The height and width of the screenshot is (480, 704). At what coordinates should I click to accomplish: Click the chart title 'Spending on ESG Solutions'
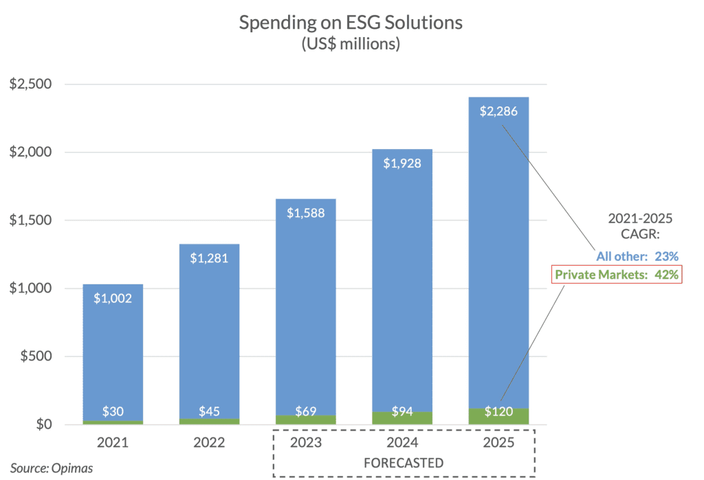click(351, 23)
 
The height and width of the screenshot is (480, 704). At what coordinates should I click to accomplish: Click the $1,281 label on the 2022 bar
click(209, 258)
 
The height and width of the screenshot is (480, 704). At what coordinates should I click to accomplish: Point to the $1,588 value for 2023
click(305, 212)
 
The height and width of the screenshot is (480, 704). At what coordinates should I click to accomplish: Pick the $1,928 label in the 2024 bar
click(402, 163)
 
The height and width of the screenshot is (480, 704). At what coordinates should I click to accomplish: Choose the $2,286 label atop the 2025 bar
click(498, 111)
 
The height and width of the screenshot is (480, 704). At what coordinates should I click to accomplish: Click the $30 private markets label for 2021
click(113, 412)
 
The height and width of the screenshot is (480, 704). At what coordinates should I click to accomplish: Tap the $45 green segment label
click(209, 412)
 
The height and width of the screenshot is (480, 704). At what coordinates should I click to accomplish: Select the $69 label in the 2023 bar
click(305, 412)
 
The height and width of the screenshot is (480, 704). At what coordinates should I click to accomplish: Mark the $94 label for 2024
click(402, 412)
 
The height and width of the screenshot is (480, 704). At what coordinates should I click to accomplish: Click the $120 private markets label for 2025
click(498, 412)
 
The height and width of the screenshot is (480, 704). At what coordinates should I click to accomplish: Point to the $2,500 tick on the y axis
click(30, 84)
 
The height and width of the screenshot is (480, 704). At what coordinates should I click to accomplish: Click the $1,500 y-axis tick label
click(30, 220)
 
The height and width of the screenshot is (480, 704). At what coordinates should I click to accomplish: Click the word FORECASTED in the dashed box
click(404, 461)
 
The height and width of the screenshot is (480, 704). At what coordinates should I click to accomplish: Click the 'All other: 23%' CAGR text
click(637, 256)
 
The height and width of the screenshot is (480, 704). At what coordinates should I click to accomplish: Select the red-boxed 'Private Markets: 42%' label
click(619, 275)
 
